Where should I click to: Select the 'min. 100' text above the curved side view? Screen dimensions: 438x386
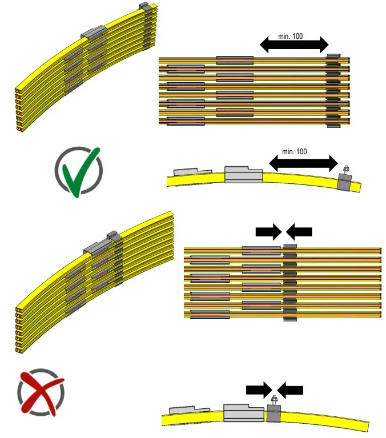click(x=294, y=152)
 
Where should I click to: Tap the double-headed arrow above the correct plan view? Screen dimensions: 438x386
click(x=294, y=45)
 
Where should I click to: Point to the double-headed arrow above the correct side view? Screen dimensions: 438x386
click(x=303, y=163)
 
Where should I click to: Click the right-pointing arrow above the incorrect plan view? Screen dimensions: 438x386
click(x=268, y=231)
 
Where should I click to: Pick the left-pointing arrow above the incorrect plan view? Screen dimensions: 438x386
click(x=299, y=231)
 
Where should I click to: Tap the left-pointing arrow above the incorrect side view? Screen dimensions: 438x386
click(x=291, y=390)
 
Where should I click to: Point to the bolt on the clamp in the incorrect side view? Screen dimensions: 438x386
click(x=274, y=400)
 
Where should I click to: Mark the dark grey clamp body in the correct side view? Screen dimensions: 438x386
click(x=345, y=182)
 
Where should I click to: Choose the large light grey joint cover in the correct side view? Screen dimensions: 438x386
click(x=243, y=174)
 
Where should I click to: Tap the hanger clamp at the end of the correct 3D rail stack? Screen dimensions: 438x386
click(x=147, y=8)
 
